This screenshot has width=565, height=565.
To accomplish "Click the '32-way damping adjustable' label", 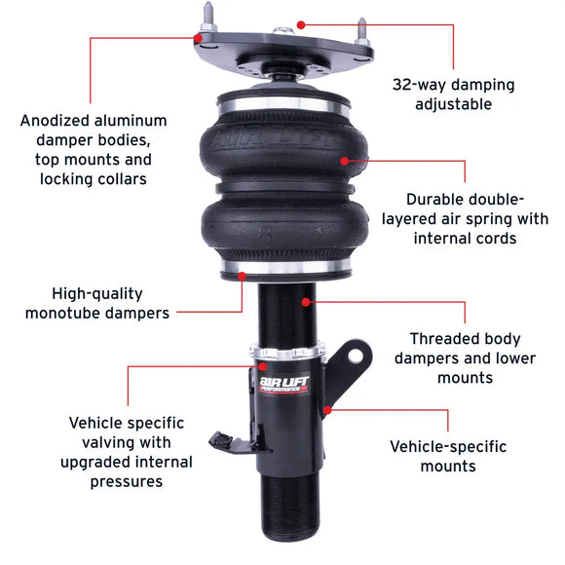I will (x=453, y=94).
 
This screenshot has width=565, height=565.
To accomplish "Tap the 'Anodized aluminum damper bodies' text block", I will (x=94, y=149).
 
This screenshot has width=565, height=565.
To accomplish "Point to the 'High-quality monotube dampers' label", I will (x=97, y=302).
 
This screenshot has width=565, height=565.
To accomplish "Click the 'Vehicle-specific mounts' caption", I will (x=448, y=456).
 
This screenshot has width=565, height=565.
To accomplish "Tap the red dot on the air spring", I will (x=343, y=162).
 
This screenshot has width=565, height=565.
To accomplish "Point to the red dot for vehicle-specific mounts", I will (x=328, y=410).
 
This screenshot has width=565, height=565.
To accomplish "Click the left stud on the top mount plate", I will (x=207, y=20).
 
